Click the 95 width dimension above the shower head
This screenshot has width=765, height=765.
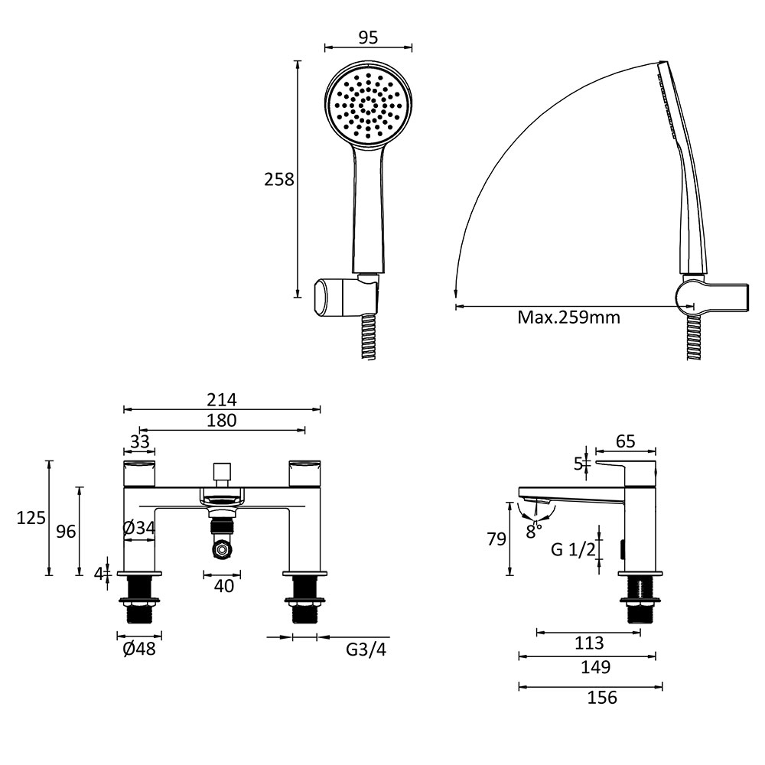[x=369, y=37]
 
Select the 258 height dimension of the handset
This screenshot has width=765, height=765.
[x=279, y=180]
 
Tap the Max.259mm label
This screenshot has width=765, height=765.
[x=569, y=317]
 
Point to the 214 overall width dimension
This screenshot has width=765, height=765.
[x=222, y=399]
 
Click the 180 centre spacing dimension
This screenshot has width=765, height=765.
[x=222, y=420]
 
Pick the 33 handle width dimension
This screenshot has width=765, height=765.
[x=139, y=441]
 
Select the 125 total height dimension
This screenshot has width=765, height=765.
[x=31, y=518]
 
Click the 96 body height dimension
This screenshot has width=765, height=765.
[x=66, y=532]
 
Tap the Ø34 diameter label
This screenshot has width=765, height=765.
[x=139, y=527]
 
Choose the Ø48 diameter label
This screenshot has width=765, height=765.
[x=139, y=649]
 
